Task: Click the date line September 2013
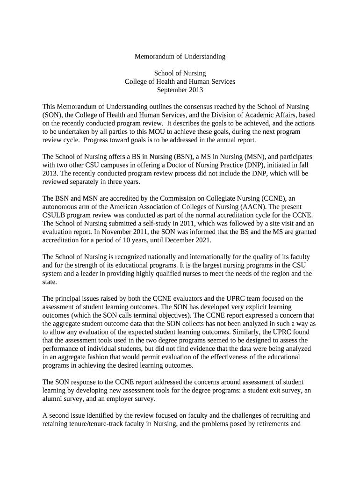click(x=180, y=90)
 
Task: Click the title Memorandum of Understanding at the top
click(x=180, y=57)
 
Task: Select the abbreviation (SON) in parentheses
click(x=51, y=115)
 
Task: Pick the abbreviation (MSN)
click(x=250, y=157)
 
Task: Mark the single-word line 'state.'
click(x=50, y=283)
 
